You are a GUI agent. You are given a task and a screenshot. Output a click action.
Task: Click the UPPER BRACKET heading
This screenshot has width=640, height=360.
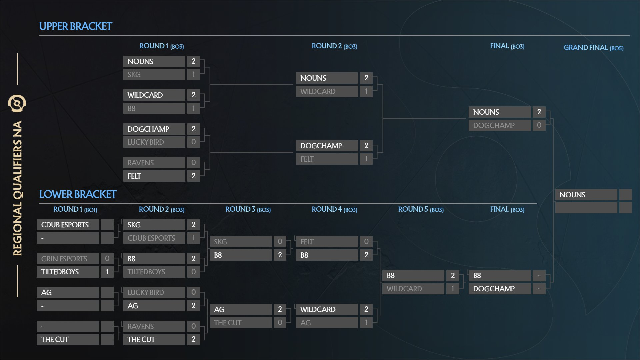[x=76, y=26]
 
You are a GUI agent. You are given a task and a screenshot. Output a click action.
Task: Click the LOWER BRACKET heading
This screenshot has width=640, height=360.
[x=78, y=194]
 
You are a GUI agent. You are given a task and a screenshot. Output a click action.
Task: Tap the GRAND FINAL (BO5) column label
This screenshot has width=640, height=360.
[x=593, y=48]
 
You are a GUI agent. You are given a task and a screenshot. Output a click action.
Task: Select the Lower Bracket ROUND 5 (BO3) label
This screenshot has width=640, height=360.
[x=421, y=209]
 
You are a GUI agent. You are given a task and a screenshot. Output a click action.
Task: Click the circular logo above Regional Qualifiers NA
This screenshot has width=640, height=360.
[x=17, y=103]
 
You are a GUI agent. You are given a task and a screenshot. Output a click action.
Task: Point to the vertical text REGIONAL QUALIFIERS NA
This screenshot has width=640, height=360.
[x=17, y=188]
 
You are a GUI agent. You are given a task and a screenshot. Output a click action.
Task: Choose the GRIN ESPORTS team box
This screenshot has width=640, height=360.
[x=68, y=259]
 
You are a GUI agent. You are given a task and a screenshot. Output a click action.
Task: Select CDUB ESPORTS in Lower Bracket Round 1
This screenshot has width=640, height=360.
[x=68, y=225]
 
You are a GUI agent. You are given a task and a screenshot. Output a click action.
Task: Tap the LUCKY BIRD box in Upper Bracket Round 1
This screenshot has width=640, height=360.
[x=154, y=142]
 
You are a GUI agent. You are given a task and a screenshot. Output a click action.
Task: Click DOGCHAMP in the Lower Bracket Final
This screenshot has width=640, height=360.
[x=500, y=289]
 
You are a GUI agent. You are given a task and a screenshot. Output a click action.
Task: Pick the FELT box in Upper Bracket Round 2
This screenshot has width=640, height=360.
[x=327, y=159]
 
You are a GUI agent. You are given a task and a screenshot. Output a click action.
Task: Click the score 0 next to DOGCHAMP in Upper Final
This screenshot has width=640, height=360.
[x=539, y=125]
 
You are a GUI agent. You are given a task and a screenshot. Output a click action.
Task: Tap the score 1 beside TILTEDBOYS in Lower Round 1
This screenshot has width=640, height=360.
[x=107, y=272]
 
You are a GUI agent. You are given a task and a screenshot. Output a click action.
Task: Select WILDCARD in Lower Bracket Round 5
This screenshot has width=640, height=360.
[x=413, y=289]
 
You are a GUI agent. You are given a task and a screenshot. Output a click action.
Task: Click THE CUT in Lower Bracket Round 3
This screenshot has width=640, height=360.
[x=240, y=323]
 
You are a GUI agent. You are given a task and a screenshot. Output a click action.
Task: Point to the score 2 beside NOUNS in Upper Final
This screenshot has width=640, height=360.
[x=539, y=112]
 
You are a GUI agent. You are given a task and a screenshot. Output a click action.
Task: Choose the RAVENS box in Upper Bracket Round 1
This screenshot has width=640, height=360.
[x=154, y=163]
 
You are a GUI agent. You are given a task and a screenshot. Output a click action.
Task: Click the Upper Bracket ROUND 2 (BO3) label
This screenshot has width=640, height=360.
[x=334, y=46]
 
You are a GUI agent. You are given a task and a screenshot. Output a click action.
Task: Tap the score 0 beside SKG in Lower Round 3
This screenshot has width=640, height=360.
[x=280, y=242]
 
